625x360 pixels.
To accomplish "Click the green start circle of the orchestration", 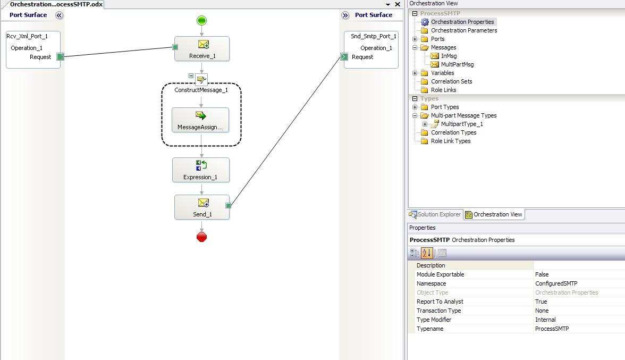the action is click(x=202, y=21).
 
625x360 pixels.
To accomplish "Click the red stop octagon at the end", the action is click(x=202, y=237).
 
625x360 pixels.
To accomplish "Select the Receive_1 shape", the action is click(x=202, y=48).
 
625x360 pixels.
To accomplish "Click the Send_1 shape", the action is click(x=202, y=207).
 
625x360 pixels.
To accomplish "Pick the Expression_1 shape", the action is click(x=201, y=170).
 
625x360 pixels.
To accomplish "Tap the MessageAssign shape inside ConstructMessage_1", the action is click(x=200, y=120).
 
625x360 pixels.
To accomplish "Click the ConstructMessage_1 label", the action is click(x=201, y=90).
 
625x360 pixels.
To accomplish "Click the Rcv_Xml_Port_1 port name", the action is click(x=27, y=36).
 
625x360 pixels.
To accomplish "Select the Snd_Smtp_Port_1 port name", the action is click(x=374, y=36).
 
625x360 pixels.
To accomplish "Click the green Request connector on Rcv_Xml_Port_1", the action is click(x=60, y=56).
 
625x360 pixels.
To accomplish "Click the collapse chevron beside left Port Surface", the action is click(x=59, y=15).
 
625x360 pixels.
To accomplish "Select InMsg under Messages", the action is click(x=449, y=56).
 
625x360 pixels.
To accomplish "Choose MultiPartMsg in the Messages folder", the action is click(x=457, y=64).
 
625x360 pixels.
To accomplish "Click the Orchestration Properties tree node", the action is click(x=462, y=22).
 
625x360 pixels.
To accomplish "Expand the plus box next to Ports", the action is click(x=415, y=39).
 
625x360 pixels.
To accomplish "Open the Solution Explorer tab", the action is click(x=435, y=214).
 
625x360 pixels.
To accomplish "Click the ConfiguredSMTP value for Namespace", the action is click(x=556, y=283).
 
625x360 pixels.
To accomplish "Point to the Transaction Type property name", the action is click(x=438, y=311).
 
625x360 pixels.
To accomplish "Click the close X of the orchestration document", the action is click(x=398, y=4).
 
